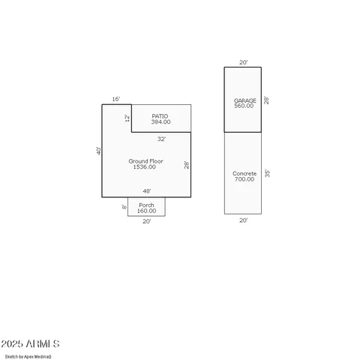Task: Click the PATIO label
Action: tap(160, 115)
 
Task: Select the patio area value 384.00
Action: tap(160, 121)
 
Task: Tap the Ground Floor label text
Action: tap(145, 160)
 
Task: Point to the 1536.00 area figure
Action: tap(145, 166)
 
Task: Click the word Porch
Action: tap(146, 205)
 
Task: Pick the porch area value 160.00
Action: tap(146, 211)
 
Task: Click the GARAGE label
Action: tap(244, 100)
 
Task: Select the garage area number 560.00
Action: tap(244, 106)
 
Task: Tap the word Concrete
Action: tap(244, 173)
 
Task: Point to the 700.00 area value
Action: tap(244, 179)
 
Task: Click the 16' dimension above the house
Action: tap(116, 99)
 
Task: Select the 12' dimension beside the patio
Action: tap(127, 118)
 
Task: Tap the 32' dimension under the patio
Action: tap(161, 139)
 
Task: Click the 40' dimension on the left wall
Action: tap(98, 151)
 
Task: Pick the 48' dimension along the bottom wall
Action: tap(146, 191)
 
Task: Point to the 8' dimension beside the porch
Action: tap(124, 207)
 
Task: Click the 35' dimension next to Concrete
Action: tap(267, 173)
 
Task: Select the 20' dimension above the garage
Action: tap(242, 62)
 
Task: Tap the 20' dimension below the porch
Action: tap(146, 221)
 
